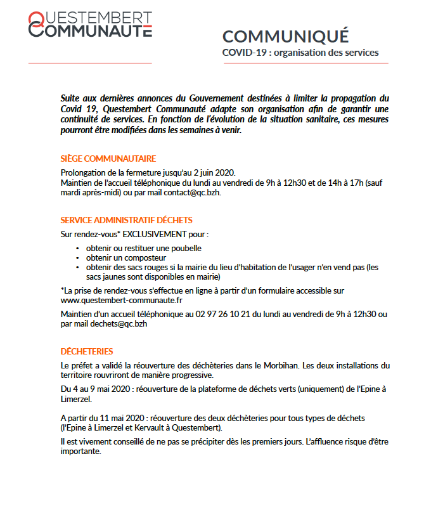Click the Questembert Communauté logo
(x=89, y=24)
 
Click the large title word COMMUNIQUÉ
(x=285, y=37)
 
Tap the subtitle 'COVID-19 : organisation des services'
(x=300, y=52)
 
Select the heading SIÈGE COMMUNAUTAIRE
(x=108, y=159)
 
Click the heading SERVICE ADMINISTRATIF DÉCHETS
(x=126, y=220)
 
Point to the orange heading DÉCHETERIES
(x=87, y=351)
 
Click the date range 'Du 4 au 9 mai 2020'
(x=95, y=387)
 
